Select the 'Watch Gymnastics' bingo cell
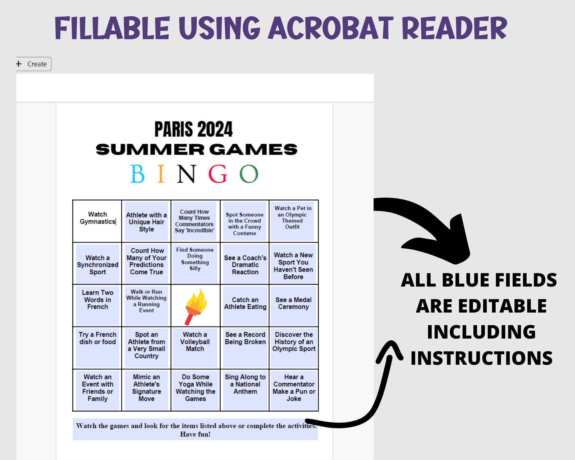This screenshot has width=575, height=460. click(97, 221)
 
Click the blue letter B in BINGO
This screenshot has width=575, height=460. click(137, 174)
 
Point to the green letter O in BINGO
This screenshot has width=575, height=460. click(249, 174)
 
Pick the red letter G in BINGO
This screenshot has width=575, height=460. click(218, 174)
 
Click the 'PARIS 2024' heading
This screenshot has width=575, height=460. click(194, 129)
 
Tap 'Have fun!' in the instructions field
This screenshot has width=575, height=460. click(195, 434)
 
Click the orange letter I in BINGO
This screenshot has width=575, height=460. click(161, 174)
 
